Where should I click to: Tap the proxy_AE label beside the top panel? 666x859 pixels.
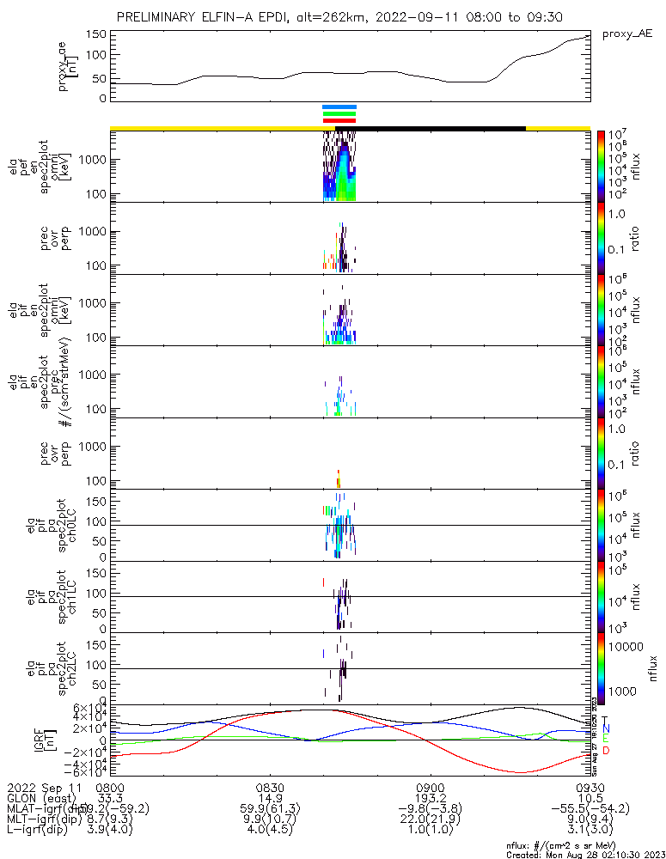pos(626,34)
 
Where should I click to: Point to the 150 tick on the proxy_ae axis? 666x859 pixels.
pos(96,34)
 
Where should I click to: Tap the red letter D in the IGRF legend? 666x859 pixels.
pos(606,751)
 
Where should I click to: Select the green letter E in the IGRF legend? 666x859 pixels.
pos(606,740)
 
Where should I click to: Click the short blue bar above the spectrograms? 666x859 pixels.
pos(339,107)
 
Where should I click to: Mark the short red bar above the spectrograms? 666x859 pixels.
pos(339,121)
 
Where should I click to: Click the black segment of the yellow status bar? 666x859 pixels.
pos(430,128)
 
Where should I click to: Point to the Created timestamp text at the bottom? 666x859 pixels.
pos(584,855)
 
